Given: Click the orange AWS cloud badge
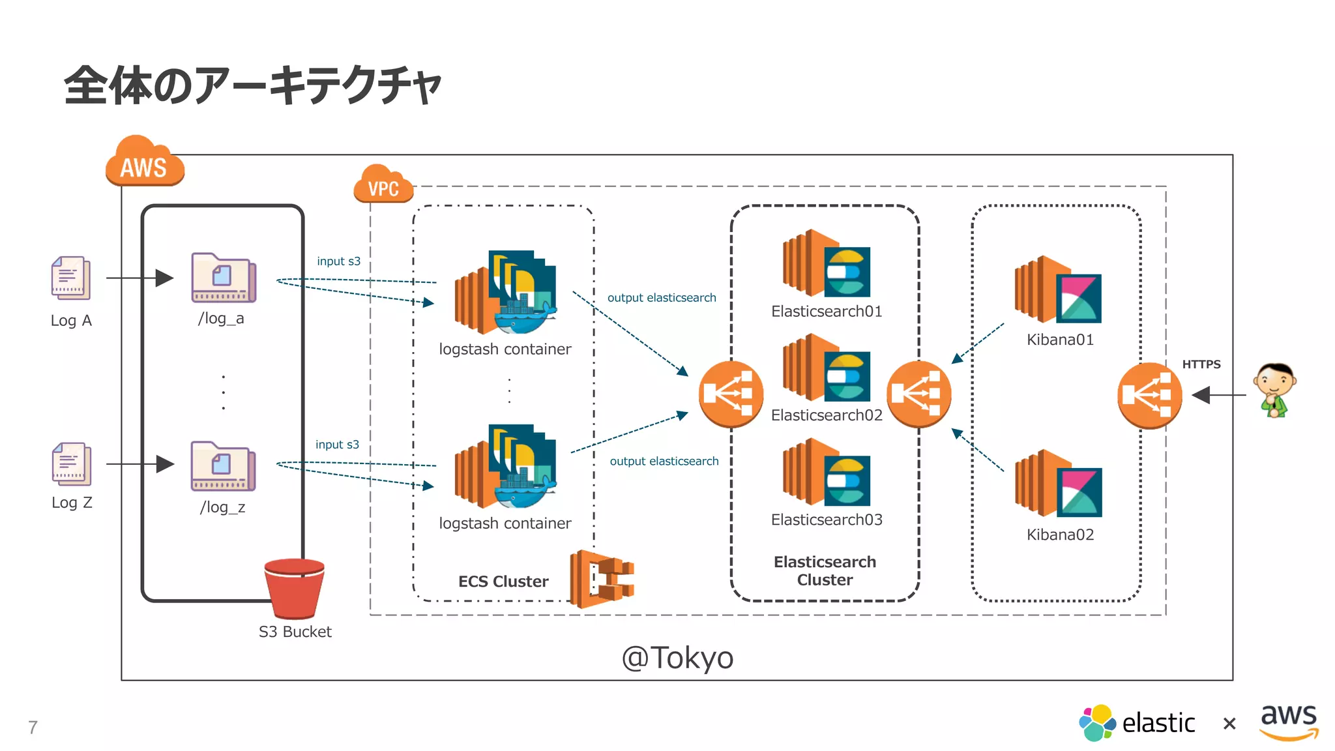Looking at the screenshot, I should [145, 163].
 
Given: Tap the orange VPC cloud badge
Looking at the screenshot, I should [383, 184].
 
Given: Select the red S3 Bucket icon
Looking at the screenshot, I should [295, 588].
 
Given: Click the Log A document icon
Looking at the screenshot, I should [70, 278].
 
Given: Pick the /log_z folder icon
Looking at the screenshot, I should [223, 467].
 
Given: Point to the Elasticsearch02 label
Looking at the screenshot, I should [826, 415].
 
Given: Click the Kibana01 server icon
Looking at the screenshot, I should [1057, 290].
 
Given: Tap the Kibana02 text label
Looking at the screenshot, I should [1060, 535].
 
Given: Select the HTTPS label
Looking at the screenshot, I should [1201, 364].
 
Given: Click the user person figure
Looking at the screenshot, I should [1274, 390].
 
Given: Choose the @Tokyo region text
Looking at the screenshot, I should [677, 657].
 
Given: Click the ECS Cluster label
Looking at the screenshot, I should [503, 582].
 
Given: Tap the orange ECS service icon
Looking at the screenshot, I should [601, 578].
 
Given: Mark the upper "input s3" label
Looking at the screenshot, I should [338, 261].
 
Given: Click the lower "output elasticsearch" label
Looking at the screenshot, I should [664, 462].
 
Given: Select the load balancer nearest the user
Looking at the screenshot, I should [1149, 395].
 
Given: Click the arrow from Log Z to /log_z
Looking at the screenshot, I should [139, 464].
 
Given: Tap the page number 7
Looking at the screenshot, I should [33, 727].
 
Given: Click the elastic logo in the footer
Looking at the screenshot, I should [1137, 723].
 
